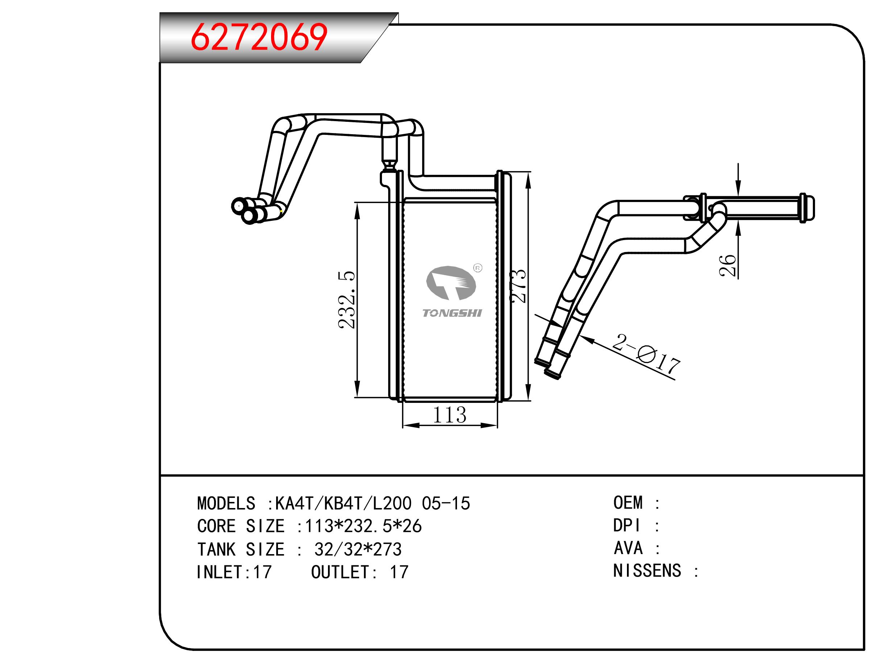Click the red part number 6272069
click(259, 37)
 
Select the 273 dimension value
click(518, 286)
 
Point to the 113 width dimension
click(449, 415)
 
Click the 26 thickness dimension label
click(727, 265)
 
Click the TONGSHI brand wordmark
click(452, 313)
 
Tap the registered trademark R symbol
click(478, 268)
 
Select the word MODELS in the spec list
click(226, 504)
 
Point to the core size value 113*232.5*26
click(363, 527)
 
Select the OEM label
click(628, 503)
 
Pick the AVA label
click(628, 548)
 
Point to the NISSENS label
click(647, 571)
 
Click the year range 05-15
click(446, 504)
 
